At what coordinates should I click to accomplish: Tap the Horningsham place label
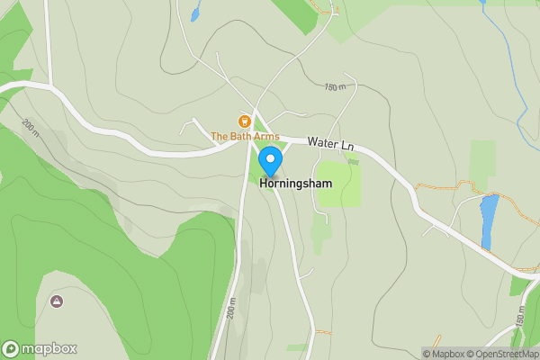pyautogui.click(x=296, y=183)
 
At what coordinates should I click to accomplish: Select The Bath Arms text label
pyautogui.click(x=245, y=136)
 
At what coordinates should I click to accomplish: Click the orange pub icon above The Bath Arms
pyautogui.click(x=243, y=121)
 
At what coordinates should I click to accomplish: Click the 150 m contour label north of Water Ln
pyautogui.click(x=335, y=87)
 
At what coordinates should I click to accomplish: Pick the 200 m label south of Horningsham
pyautogui.click(x=230, y=311)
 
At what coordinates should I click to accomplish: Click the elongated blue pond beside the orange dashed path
pyautogui.click(x=489, y=221)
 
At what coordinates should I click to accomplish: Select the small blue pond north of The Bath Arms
pyautogui.click(x=195, y=13)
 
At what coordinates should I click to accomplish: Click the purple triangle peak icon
pyautogui.click(x=58, y=301)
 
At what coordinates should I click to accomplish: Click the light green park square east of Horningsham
pyautogui.click(x=340, y=183)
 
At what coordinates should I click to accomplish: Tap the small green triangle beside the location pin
pyautogui.click(x=259, y=126)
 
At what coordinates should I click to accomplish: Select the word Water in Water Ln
pyautogui.click(x=319, y=142)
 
